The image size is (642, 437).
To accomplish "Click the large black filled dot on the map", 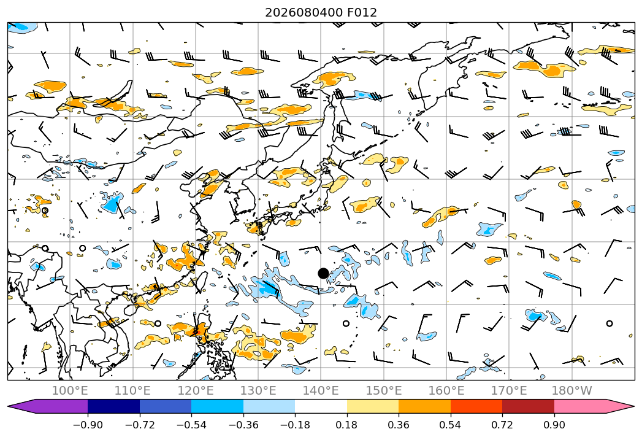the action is (323, 274).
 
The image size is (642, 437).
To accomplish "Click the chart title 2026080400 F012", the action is (321, 12).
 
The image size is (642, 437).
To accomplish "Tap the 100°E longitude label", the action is (70, 391).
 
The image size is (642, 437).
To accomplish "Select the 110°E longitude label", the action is (132, 391).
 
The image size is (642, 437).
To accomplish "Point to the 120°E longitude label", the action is (196, 391).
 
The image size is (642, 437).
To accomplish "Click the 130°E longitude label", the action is (258, 391).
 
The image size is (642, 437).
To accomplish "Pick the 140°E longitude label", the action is (321, 391).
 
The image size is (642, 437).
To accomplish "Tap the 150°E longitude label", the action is (384, 391).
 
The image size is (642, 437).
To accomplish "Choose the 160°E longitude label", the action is (446, 391).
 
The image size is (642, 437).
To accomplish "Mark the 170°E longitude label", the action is (509, 391).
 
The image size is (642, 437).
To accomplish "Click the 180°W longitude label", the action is (572, 391).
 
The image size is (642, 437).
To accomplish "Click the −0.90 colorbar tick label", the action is (88, 425).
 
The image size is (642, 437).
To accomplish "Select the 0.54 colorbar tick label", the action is (451, 425).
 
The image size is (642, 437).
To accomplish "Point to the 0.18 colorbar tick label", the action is (347, 425).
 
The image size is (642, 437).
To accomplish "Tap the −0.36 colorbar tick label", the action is (243, 425).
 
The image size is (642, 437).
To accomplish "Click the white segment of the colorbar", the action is (321, 406).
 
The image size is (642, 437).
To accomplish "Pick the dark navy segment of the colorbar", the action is (114, 406).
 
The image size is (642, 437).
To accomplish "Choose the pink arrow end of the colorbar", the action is (594, 406).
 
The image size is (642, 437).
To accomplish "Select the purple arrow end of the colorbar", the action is (48, 406).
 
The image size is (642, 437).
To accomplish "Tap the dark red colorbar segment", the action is (528, 406).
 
